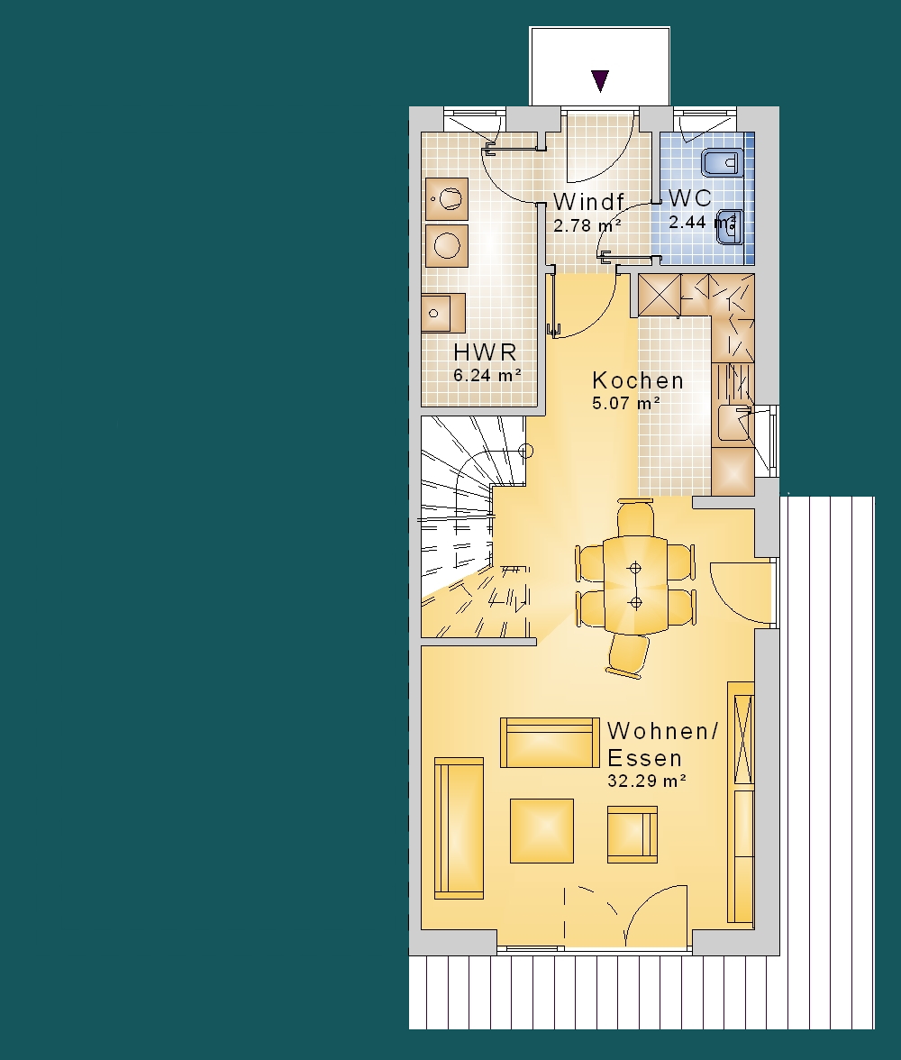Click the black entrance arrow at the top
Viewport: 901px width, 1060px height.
[x=600, y=80]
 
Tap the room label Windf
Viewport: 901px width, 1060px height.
[x=588, y=202]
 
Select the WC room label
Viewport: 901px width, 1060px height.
[x=690, y=198]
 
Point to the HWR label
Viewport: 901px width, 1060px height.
[x=486, y=352]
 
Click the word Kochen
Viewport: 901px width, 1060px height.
[x=638, y=380]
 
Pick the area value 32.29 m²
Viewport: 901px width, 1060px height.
[x=647, y=781]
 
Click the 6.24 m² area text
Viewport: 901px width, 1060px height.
[x=487, y=375]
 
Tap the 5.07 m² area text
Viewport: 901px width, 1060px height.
[x=626, y=404]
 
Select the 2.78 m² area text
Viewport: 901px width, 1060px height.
[x=587, y=225]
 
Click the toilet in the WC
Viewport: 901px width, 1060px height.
[x=722, y=163]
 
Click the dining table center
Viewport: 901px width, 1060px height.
[x=634, y=585]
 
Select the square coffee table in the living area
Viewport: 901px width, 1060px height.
[x=542, y=831]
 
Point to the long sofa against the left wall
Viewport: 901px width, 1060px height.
[x=459, y=828]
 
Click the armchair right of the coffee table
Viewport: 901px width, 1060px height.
[x=632, y=835]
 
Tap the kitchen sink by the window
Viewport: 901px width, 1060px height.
[x=735, y=425]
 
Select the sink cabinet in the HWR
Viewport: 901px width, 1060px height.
[x=443, y=313]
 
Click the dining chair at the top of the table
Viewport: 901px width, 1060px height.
[x=635, y=516]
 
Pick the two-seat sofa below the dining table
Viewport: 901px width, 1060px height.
[x=550, y=743]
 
